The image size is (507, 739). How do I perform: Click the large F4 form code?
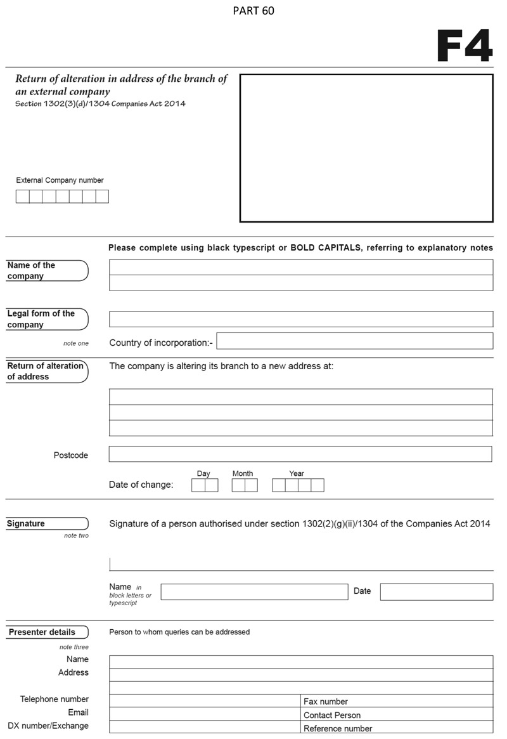(x=465, y=46)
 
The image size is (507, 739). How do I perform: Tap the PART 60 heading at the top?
(x=253, y=11)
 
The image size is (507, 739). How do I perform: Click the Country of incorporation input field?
(x=354, y=341)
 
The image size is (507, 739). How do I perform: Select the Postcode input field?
(x=300, y=454)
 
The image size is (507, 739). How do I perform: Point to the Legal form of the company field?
(x=300, y=319)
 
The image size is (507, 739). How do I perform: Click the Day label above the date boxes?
(x=203, y=474)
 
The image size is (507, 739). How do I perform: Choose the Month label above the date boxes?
(x=243, y=474)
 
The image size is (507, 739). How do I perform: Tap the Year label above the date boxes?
(x=297, y=474)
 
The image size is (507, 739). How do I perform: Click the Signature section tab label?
(x=26, y=524)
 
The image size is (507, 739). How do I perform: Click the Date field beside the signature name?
(x=436, y=592)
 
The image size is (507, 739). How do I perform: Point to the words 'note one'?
(x=76, y=344)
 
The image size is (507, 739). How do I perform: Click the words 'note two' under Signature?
(x=76, y=536)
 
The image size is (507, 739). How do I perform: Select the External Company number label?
(x=60, y=180)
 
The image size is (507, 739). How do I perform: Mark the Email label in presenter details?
(x=79, y=712)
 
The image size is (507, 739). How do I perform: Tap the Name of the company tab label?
(x=31, y=271)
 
